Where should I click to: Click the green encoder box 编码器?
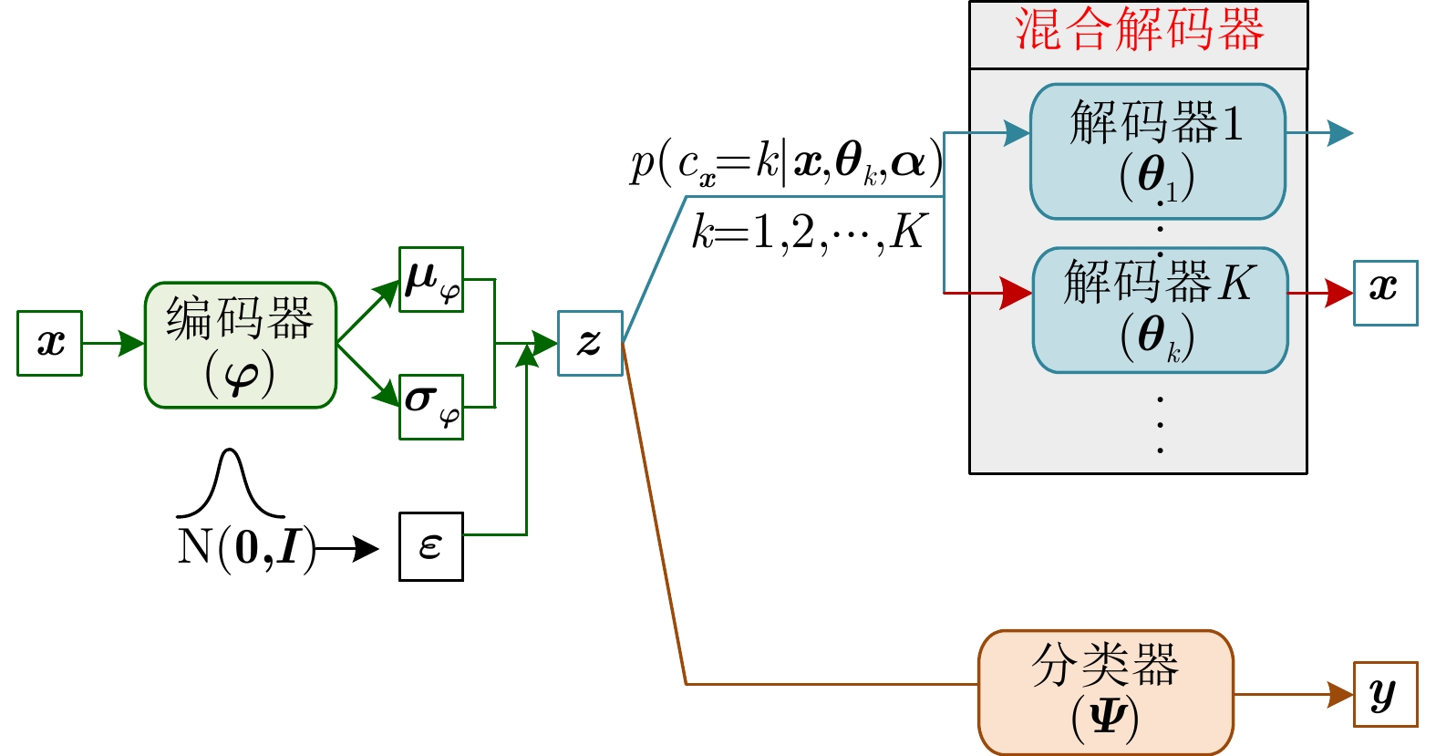(x=241, y=345)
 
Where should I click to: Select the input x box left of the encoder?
(x=50, y=343)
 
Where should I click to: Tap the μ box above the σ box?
(x=431, y=279)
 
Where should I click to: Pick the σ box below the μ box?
(x=431, y=407)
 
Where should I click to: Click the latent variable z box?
(x=590, y=343)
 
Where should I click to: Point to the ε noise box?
(x=431, y=546)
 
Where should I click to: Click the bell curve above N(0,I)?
(x=231, y=483)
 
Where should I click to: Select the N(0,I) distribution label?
(x=246, y=548)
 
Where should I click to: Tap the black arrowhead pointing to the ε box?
(x=367, y=548)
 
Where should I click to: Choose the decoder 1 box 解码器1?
(x=1158, y=151)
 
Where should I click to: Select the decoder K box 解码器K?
(x=1160, y=310)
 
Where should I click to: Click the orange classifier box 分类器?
(x=1105, y=692)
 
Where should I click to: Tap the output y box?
(x=1385, y=694)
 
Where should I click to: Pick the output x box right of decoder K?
(x=1385, y=293)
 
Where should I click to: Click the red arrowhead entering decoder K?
(x=1016, y=293)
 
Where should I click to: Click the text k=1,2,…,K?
(x=809, y=233)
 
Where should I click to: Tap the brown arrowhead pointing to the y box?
(x=1340, y=694)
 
